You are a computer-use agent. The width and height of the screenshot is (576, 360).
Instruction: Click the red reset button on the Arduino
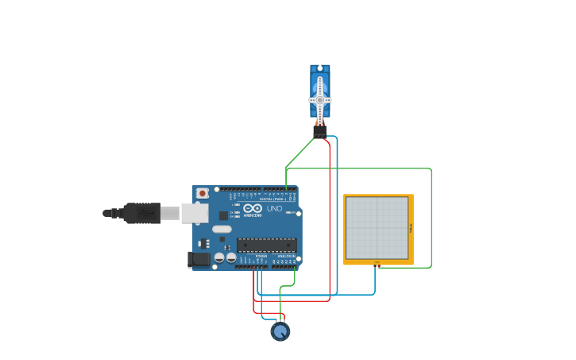203,193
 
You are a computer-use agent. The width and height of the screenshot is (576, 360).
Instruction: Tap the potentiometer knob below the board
280,331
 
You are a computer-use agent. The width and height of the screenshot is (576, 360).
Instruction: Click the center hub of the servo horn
320,100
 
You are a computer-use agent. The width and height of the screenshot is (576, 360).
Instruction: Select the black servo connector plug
319,131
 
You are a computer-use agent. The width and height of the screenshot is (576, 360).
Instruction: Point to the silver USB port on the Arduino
195,213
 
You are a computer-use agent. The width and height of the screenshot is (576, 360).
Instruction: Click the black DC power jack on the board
199,259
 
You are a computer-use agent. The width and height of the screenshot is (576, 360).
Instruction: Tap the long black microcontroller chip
266,245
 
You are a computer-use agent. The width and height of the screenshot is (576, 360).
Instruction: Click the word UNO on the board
274,209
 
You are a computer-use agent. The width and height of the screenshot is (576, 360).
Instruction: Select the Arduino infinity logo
253,207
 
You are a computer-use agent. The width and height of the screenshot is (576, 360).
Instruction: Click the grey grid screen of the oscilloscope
377,227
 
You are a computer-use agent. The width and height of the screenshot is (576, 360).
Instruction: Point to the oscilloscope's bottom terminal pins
377,263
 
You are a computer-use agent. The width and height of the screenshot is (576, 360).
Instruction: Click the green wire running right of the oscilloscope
431,219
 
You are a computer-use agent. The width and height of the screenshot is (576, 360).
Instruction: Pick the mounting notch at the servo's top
320,68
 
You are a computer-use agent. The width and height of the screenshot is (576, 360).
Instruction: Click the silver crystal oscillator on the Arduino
222,229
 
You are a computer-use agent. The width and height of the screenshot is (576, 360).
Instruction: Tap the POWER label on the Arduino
261,256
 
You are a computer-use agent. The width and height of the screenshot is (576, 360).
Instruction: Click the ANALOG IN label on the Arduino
284,256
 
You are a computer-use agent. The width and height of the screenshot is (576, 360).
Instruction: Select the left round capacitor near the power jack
219,257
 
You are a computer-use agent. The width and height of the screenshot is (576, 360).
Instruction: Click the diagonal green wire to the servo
300,153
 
